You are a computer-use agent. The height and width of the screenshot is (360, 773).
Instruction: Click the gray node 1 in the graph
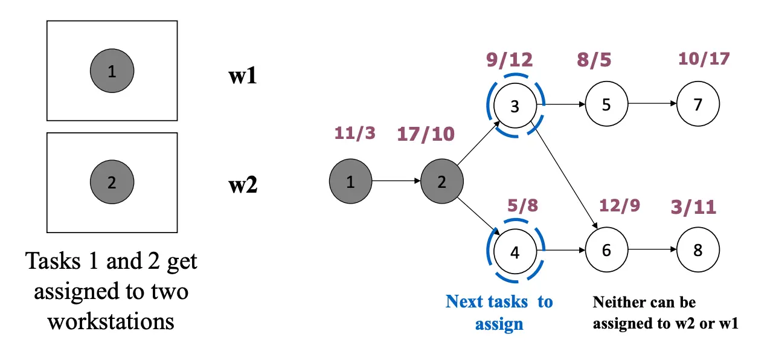351,182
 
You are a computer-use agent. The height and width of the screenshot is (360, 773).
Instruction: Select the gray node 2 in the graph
442,182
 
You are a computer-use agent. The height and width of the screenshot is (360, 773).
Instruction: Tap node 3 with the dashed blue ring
515,106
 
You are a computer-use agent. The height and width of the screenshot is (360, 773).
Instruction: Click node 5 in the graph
606,104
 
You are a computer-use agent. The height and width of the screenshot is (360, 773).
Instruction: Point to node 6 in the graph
606,250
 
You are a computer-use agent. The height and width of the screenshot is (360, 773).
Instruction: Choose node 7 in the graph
698,104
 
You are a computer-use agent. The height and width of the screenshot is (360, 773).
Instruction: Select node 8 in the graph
698,250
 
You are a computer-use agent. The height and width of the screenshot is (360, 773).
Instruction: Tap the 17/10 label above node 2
426,133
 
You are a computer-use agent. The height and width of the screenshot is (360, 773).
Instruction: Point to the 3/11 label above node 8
693,207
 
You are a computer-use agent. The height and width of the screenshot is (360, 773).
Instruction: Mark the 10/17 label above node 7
704,59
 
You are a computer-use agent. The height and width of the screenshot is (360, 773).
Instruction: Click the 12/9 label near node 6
620,206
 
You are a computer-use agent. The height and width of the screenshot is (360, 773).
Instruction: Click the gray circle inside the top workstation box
112,71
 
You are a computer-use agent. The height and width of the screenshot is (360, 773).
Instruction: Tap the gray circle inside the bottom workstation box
112,182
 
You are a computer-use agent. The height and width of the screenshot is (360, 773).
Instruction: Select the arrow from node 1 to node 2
396,181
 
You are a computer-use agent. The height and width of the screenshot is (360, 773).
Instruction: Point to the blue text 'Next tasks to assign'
499,312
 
